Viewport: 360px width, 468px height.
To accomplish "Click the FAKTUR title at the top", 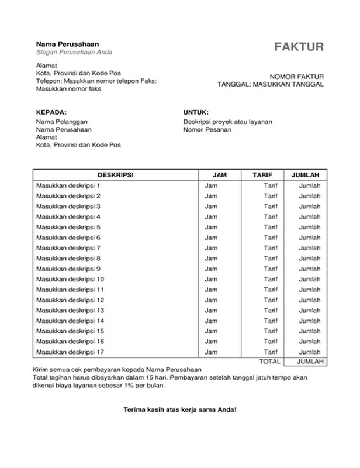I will (x=299, y=47).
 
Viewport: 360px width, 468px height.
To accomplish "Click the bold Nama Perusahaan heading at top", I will (x=67, y=44).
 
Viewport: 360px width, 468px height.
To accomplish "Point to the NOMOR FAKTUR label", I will (x=296, y=77).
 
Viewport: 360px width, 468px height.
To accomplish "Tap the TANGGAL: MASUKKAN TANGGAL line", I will (x=271, y=84).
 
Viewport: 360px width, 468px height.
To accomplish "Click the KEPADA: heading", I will (x=51, y=112).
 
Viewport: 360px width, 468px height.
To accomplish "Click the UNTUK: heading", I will (x=196, y=112).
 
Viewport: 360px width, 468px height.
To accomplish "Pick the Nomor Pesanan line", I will (x=207, y=129).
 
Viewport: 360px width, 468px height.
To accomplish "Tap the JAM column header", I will (x=220, y=175).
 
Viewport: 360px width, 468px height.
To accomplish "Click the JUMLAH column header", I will (x=304, y=175).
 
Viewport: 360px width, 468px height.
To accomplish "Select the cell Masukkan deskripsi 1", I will (x=68, y=185).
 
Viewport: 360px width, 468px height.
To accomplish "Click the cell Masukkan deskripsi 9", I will (x=68, y=269).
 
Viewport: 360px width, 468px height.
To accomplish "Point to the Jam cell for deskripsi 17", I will (x=210, y=352).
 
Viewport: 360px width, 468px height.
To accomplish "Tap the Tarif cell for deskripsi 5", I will (x=270, y=227).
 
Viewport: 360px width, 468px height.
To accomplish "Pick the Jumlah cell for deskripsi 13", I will (x=310, y=310).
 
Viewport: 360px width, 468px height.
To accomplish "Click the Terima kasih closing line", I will (x=180, y=409).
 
